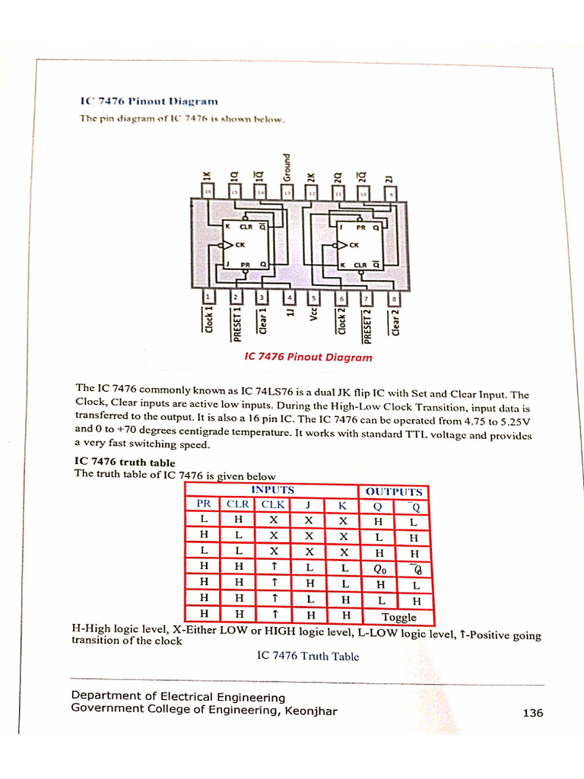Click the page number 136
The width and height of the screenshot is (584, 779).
pyautogui.click(x=532, y=713)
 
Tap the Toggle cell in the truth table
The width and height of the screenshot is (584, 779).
pyautogui.click(x=398, y=617)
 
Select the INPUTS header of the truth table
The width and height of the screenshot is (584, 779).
pyautogui.click(x=272, y=490)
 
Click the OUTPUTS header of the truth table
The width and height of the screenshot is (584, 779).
pyautogui.click(x=393, y=491)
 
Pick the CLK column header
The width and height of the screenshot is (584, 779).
pyautogui.click(x=274, y=504)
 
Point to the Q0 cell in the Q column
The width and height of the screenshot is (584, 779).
pyautogui.click(x=381, y=568)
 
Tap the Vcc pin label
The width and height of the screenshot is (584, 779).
pyautogui.click(x=313, y=313)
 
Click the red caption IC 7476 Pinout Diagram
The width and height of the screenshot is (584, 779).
pyautogui.click(x=308, y=357)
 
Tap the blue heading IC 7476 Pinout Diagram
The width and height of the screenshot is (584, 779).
pyautogui.click(x=149, y=100)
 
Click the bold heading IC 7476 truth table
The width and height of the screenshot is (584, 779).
pyautogui.click(x=124, y=462)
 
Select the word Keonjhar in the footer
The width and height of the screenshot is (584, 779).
pyautogui.click(x=310, y=710)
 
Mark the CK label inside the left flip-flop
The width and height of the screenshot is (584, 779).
pyautogui.click(x=240, y=245)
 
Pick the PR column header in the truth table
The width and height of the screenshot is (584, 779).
pyautogui.click(x=204, y=504)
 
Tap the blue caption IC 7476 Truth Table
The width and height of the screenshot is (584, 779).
pyautogui.click(x=308, y=656)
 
